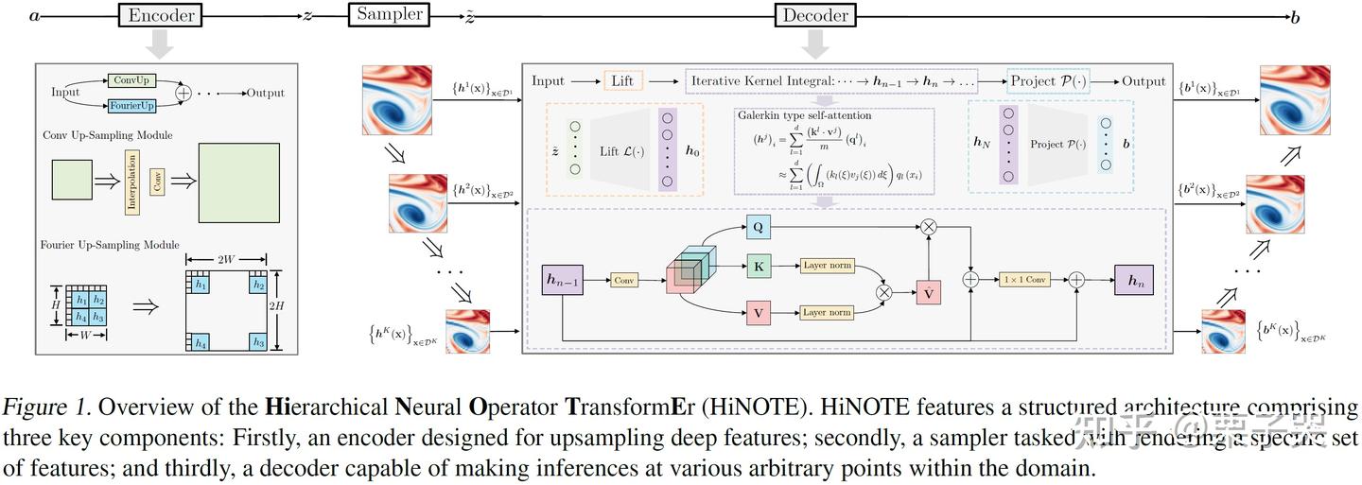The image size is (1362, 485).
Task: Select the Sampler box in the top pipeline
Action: click(x=389, y=14)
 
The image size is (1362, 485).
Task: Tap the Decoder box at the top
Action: click(x=814, y=15)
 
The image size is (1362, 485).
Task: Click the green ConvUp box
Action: click(x=132, y=80)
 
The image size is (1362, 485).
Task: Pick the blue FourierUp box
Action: click(x=132, y=105)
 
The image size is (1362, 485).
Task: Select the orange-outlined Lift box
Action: click(x=622, y=81)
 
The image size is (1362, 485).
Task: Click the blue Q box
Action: click(x=759, y=227)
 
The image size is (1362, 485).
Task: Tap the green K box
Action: click(x=759, y=267)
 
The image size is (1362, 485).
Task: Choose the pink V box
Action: click(x=759, y=312)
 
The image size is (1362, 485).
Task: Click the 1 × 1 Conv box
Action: click(x=1024, y=280)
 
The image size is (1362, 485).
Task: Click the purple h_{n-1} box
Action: click(x=563, y=280)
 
